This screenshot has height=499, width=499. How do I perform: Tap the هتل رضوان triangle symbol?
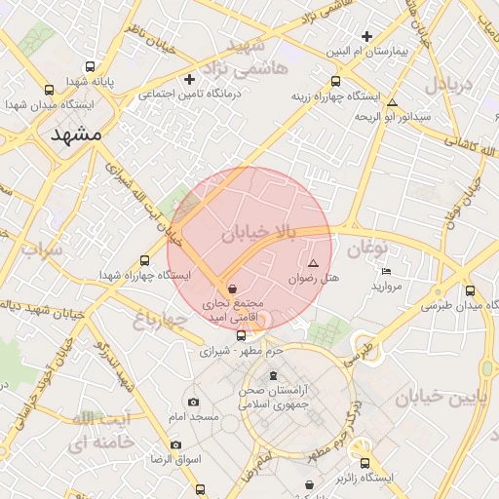313,264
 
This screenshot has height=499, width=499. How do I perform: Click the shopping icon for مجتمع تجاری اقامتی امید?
231,288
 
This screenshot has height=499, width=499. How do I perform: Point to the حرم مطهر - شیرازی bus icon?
242,335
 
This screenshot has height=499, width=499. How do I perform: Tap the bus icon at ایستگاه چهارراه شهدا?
145,260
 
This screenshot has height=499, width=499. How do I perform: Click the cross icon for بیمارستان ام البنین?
366,35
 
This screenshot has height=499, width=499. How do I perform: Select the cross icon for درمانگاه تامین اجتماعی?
190,79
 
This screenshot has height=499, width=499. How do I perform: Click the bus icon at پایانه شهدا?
91,67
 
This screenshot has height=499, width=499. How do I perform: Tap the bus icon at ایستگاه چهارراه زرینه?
335,82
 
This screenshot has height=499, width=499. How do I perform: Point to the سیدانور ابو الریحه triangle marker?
392,102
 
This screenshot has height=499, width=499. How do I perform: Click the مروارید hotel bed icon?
387,272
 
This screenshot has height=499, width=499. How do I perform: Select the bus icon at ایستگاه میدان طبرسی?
471,289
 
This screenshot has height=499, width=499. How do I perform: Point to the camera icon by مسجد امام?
193,402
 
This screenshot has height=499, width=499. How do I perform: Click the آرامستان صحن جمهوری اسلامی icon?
272,376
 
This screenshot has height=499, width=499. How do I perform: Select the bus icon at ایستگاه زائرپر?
365,463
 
